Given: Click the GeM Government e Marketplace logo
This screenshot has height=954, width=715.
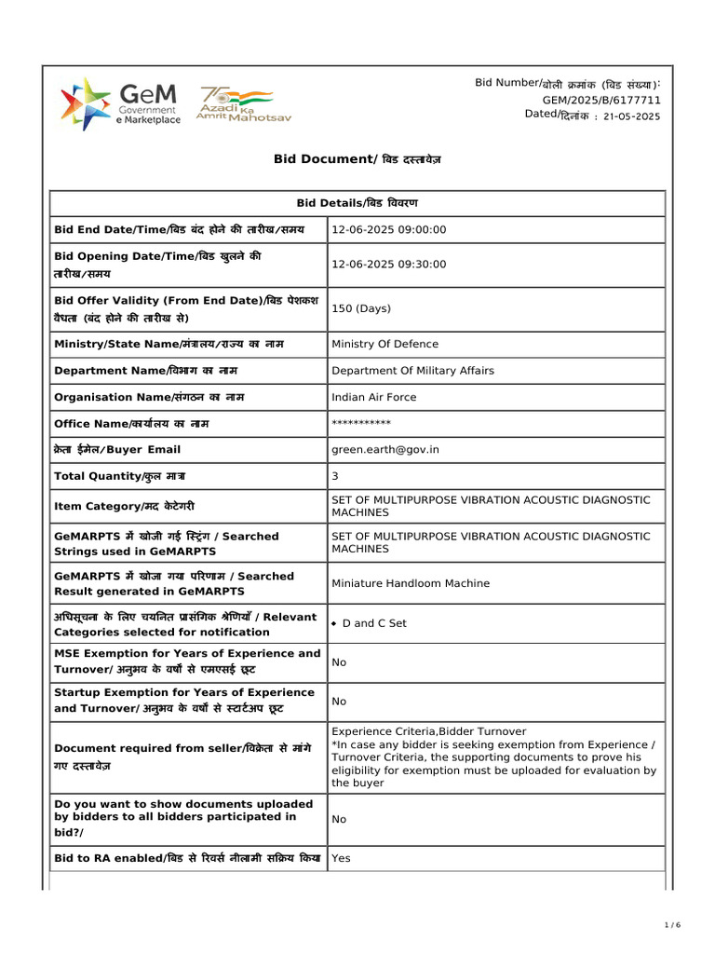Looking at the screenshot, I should [120, 103].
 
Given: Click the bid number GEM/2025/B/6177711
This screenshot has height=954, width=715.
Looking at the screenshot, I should [601, 100].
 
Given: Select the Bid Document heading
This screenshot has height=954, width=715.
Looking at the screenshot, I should [357, 159].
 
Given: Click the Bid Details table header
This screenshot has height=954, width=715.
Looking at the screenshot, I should [357, 203].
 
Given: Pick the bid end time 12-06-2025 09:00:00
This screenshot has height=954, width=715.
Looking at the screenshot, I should [389, 230].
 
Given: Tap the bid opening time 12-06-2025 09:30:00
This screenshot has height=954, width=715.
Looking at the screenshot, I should [389, 265].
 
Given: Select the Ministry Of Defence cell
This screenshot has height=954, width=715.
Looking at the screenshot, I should [384, 344].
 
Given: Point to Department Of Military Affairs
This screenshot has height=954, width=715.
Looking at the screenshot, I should [412, 371].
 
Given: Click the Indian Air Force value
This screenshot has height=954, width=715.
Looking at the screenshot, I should [374, 397].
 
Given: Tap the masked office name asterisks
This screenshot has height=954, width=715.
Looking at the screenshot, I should [361, 424].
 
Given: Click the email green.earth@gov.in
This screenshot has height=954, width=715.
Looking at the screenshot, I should [385, 450].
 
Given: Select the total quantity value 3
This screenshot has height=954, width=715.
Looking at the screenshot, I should [335, 476].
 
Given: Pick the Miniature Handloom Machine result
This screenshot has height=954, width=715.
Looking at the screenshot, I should [411, 583].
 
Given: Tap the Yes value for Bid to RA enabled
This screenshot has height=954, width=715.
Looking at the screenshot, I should [341, 858].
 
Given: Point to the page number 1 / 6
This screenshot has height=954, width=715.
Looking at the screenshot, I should [672, 924].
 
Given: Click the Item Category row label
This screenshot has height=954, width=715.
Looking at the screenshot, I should [125, 507].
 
